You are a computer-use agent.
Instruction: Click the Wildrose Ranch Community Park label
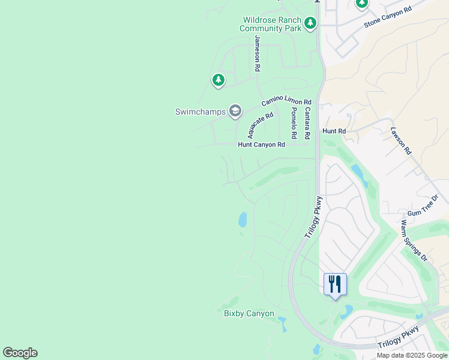pos(271,24)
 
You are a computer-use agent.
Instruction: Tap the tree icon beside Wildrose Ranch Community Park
pos(310,23)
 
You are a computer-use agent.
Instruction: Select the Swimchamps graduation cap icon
pos(235,111)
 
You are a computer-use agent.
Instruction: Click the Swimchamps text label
pos(200,112)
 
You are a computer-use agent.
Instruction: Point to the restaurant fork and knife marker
pos(335,283)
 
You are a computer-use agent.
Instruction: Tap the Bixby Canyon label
pos(249,314)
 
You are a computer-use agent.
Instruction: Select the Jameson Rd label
pos(258,53)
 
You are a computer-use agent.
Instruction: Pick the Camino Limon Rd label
pos(286,103)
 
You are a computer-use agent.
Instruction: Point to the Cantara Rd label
pos(307,119)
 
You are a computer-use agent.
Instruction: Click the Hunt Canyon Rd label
pos(261,145)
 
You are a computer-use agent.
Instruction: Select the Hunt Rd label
pos(334,131)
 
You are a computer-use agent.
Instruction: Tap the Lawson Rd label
pos(400,141)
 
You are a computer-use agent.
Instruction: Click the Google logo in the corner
pos(20,353)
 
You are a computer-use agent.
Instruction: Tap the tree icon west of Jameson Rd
pos(218,79)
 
